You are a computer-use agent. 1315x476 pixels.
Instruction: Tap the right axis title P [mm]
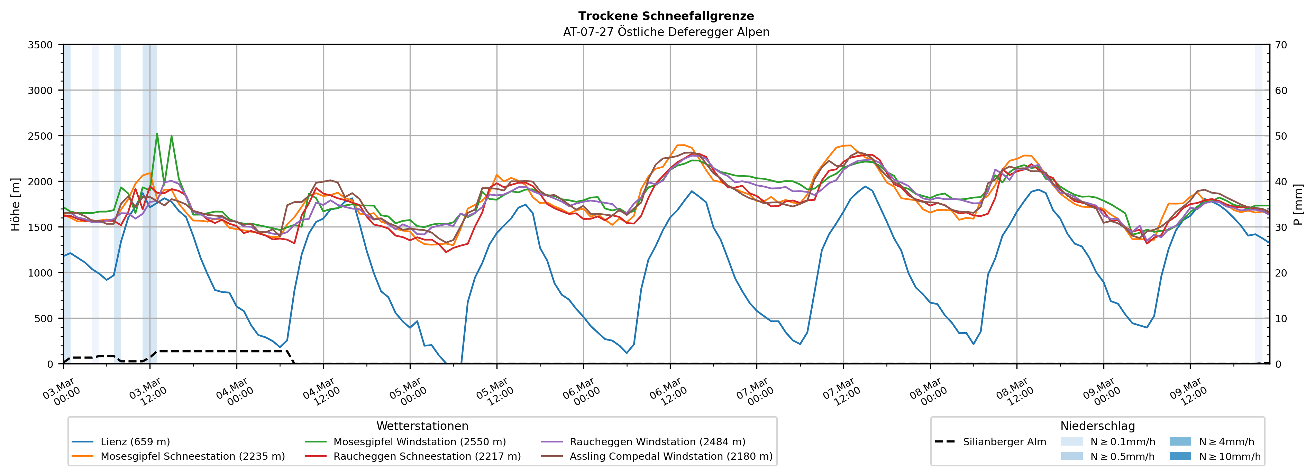pyautogui.click(x=1298, y=204)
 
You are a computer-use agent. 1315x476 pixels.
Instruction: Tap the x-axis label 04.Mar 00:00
pyautogui.click(x=234, y=392)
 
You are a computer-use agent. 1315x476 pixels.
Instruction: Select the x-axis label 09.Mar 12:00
pyautogui.click(x=1188, y=392)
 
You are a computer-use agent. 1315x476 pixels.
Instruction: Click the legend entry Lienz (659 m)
pyautogui.click(x=135, y=442)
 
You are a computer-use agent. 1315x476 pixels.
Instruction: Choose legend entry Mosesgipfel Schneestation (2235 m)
pyautogui.click(x=192, y=456)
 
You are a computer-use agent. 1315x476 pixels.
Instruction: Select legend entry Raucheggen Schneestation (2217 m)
pyautogui.click(x=427, y=456)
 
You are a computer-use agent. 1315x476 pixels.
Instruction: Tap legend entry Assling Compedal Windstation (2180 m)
pyautogui.click(x=671, y=456)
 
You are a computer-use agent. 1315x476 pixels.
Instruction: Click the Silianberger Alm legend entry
pyautogui.click(x=1004, y=442)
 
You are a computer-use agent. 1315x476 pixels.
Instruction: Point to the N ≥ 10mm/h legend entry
pyautogui.click(x=1229, y=456)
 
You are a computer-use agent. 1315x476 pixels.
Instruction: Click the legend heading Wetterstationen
pyautogui.click(x=422, y=426)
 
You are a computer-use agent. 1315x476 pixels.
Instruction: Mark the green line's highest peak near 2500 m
pyautogui.click(x=157, y=134)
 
